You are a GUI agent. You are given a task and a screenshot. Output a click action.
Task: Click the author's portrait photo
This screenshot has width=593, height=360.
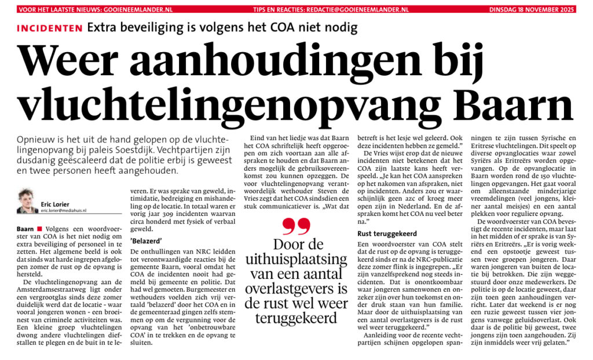pos(27,201)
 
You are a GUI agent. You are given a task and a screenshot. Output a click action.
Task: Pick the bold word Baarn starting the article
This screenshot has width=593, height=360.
pos(26,230)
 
